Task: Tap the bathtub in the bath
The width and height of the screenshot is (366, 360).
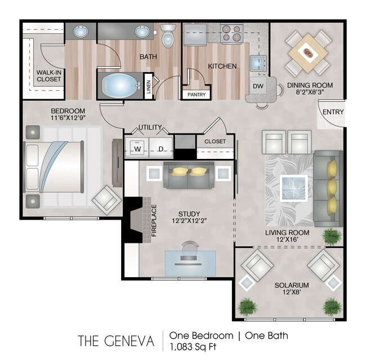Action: click(x=120, y=86)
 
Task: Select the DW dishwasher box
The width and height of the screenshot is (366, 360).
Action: click(x=258, y=86)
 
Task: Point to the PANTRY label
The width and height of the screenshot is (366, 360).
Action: click(x=197, y=95)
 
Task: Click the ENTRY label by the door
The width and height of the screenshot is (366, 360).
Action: click(x=332, y=112)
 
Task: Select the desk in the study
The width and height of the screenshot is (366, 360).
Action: click(x=189, y=261)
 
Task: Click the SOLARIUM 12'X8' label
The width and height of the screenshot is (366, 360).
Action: click(x=291, y=290)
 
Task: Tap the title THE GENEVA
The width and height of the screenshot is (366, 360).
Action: click(x=116, y=341)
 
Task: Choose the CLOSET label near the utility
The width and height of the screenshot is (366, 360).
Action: click(x=215, y=141)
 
